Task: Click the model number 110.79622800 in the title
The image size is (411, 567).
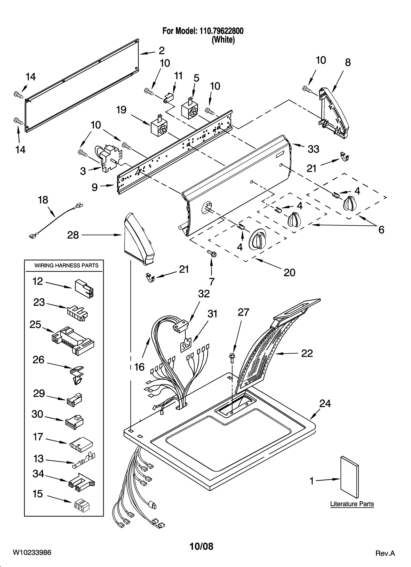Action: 220,31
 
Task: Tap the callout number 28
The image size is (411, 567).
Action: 73,235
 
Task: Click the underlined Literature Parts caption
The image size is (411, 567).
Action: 352,504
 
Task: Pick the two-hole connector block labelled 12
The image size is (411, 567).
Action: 84,289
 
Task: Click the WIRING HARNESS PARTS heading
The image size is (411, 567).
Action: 66,266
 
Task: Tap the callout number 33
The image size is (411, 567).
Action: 313,149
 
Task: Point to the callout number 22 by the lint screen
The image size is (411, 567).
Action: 307,353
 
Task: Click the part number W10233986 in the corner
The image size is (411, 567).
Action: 32,552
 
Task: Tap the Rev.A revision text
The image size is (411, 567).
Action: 385,553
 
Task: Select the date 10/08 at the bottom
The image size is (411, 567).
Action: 201,546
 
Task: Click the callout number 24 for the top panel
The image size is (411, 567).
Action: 325,404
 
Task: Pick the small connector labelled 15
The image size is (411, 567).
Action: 81,505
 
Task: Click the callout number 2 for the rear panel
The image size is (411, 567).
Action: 162,51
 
